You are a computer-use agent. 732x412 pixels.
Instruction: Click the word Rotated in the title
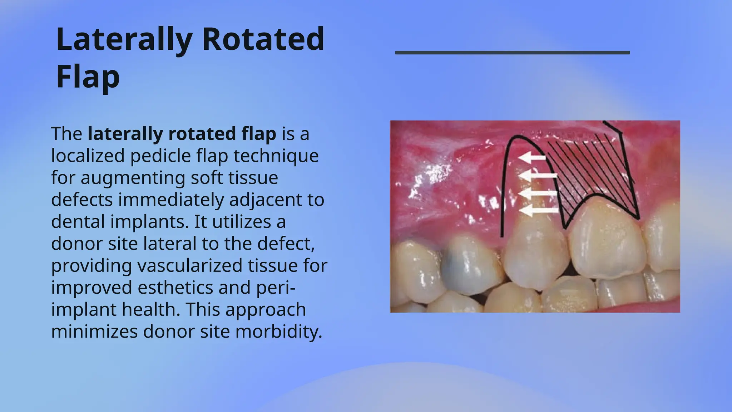click(263, 39)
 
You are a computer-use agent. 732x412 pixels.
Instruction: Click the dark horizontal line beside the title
click(512, 53)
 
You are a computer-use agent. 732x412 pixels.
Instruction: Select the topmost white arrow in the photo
click(532, 157)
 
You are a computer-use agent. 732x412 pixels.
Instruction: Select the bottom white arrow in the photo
click(538, 211)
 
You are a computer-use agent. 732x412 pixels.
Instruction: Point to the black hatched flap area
click(593, 168)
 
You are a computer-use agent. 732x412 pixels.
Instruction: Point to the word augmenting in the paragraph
click(133, 178)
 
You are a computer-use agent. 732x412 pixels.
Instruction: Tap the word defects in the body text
click(82, 200)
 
